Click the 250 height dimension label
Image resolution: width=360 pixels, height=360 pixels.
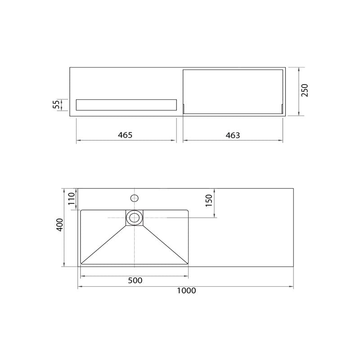305,90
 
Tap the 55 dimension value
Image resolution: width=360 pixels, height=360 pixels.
56,105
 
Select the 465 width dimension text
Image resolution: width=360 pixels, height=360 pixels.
125,135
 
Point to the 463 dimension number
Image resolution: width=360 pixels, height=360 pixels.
233,135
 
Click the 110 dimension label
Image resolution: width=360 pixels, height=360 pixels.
70,199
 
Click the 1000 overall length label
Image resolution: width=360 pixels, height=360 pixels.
186,291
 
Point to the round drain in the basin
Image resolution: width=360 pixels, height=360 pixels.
134,218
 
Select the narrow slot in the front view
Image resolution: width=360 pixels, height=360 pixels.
126,105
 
